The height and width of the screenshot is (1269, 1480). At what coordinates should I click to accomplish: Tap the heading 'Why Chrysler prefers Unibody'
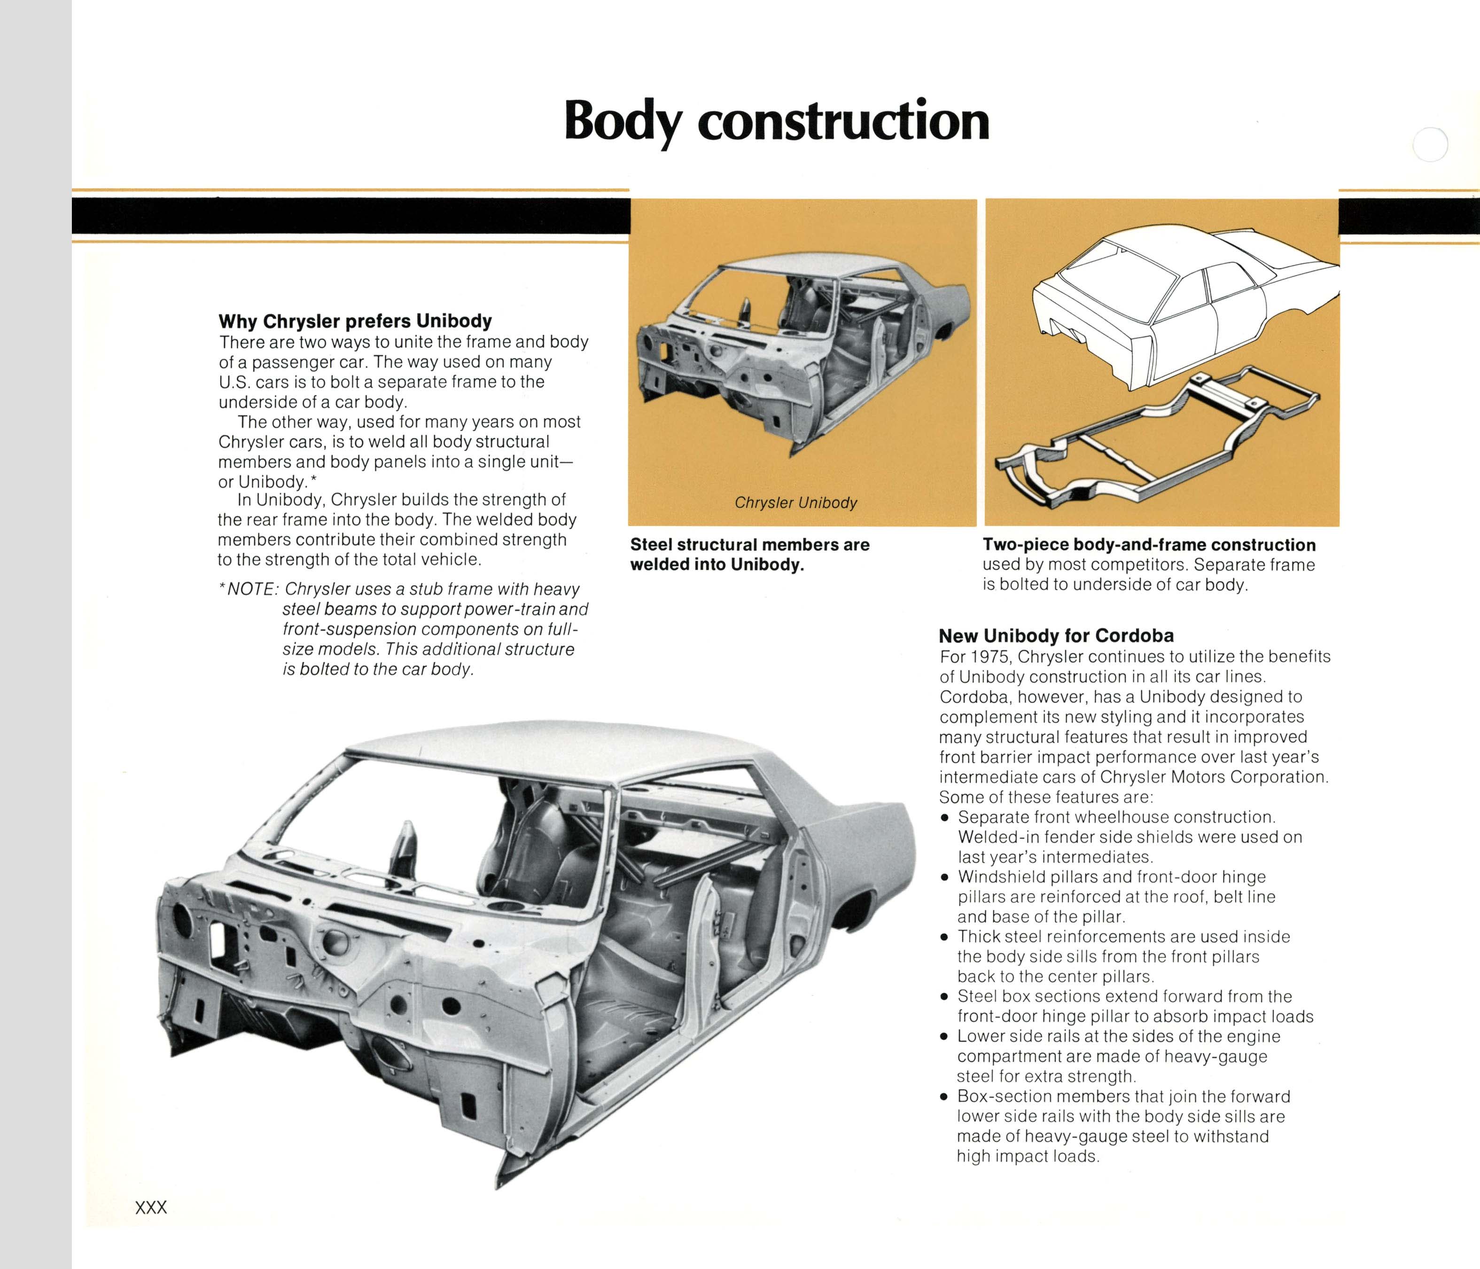pos(355,321)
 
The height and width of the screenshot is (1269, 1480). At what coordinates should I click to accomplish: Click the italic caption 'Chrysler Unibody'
pos(796,502)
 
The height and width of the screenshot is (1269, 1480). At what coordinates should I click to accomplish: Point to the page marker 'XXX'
pos(151,1207)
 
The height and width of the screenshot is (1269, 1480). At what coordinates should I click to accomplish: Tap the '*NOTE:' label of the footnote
pos(248,589)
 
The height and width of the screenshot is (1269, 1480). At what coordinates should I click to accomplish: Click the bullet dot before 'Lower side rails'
pos(944,1037)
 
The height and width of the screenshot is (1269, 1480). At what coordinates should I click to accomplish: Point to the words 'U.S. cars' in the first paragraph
pos(254,382)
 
